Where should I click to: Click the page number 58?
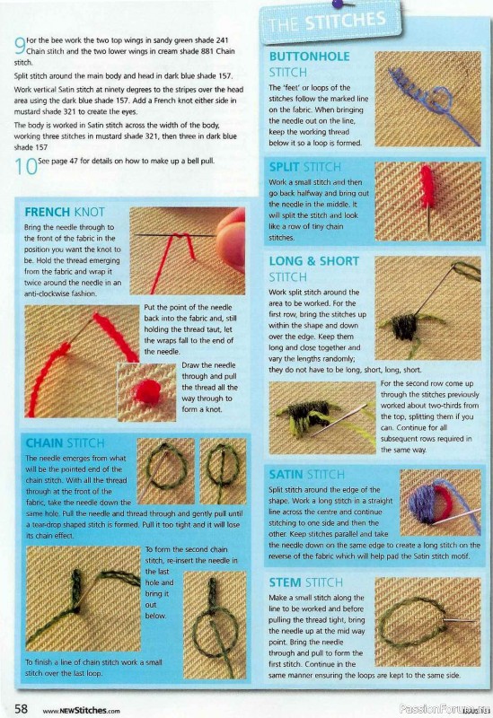(21, 708)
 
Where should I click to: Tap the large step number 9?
(20, 47)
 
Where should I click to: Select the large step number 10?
(26, 167)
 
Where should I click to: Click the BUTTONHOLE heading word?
(309, 57)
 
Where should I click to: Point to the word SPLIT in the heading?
(284, 167)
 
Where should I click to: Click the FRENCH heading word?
(48, 212)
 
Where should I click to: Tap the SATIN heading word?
(286, 475)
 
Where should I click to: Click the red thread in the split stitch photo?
(427, 187)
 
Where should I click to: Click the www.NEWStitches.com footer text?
(81, 711)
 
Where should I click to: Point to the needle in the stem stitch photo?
(459, 620)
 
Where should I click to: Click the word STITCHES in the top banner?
(346, 21)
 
